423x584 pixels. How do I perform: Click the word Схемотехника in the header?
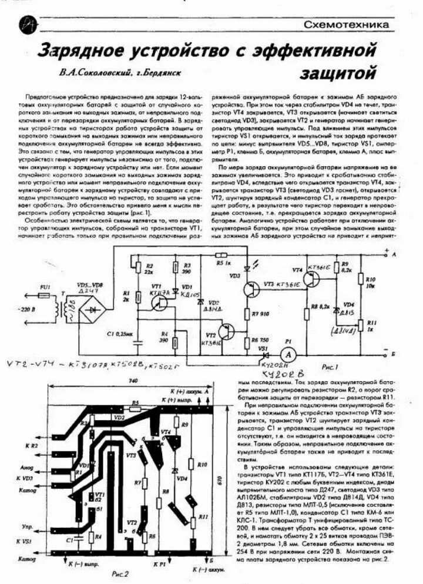click(x=347, y=25)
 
